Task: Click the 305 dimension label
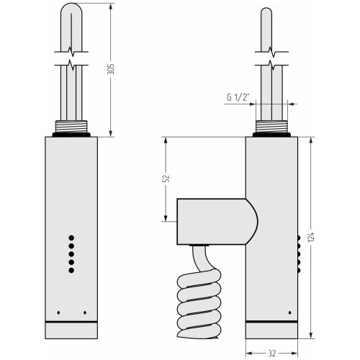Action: click(x=111, y=69)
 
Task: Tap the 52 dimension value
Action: click(x=166, y=178)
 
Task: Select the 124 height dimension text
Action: click(x=311, y=237)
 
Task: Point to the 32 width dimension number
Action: click(x=272, y=354)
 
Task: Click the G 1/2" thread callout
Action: click(x=238, y=97)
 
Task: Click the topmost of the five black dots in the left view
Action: click(x=71, y=238)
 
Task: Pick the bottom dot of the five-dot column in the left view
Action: click(x=71, y=270)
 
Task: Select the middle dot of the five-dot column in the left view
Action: click(x=71, y=254)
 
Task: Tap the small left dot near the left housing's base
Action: click(x=58, y=312)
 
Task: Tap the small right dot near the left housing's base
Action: click(x=85, y=312)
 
